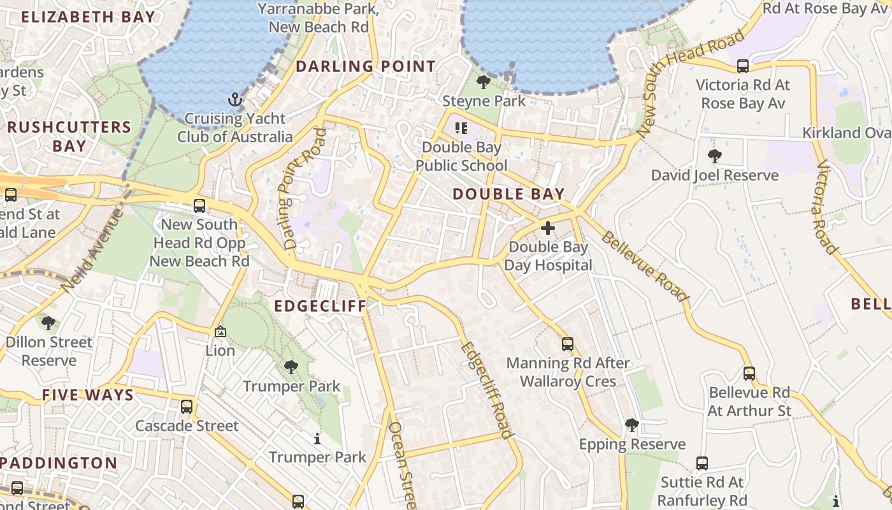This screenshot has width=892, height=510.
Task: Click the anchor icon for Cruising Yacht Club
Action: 236,99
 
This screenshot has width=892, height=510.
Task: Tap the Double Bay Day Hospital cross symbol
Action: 548,228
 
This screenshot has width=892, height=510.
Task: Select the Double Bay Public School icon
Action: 461,128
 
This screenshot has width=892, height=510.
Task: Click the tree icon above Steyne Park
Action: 484,82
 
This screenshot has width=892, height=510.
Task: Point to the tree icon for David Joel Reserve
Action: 715,156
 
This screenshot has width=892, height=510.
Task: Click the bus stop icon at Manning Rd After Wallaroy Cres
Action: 568,344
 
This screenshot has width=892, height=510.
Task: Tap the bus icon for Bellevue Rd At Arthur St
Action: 749,374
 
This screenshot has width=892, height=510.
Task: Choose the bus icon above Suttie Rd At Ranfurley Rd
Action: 702,463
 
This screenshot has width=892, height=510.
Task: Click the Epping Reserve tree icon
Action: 632,425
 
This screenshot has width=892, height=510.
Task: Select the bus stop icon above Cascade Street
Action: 187,406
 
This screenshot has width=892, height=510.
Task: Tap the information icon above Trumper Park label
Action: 317,439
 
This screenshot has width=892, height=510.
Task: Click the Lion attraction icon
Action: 220,331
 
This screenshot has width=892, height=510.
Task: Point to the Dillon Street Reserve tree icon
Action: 48,323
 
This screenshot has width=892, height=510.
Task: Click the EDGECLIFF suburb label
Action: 320,306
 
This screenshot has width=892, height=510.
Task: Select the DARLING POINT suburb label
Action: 366,66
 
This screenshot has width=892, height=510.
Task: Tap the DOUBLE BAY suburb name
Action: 508,194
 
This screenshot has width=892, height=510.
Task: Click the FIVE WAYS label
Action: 88,395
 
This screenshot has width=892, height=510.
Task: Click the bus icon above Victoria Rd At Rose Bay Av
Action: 742,66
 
